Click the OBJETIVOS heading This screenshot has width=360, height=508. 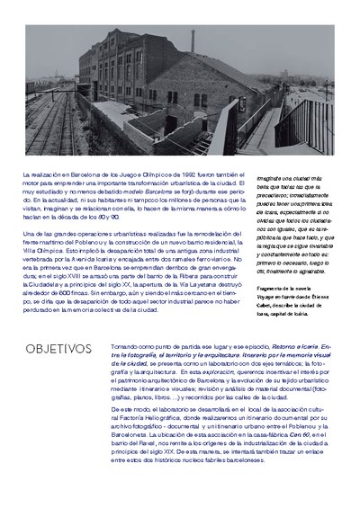[x=58, y=347]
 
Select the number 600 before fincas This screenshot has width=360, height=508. [x=59, y=295]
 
